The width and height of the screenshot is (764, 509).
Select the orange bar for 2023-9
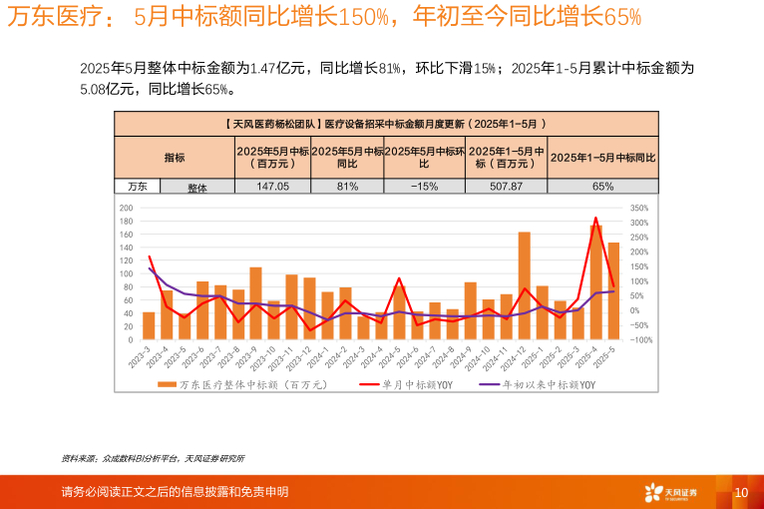click(x=255, y=303)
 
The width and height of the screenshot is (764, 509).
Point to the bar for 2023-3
click(x=149, y=325)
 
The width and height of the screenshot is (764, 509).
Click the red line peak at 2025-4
click(x=595, y=218)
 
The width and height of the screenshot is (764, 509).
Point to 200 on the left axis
click(x=126, y=208)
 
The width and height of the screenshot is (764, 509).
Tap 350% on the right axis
click(x=640, y=208)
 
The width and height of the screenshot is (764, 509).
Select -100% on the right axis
click(x=640, y=339)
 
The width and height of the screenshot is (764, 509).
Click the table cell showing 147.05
click(x=272, y=186)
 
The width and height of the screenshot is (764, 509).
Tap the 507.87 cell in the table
click(x=506, y=186)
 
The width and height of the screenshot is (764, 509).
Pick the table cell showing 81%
click(x=347, y=186)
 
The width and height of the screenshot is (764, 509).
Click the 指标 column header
click(x=175, y=157)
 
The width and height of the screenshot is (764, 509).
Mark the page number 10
click(x=741, y=492)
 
